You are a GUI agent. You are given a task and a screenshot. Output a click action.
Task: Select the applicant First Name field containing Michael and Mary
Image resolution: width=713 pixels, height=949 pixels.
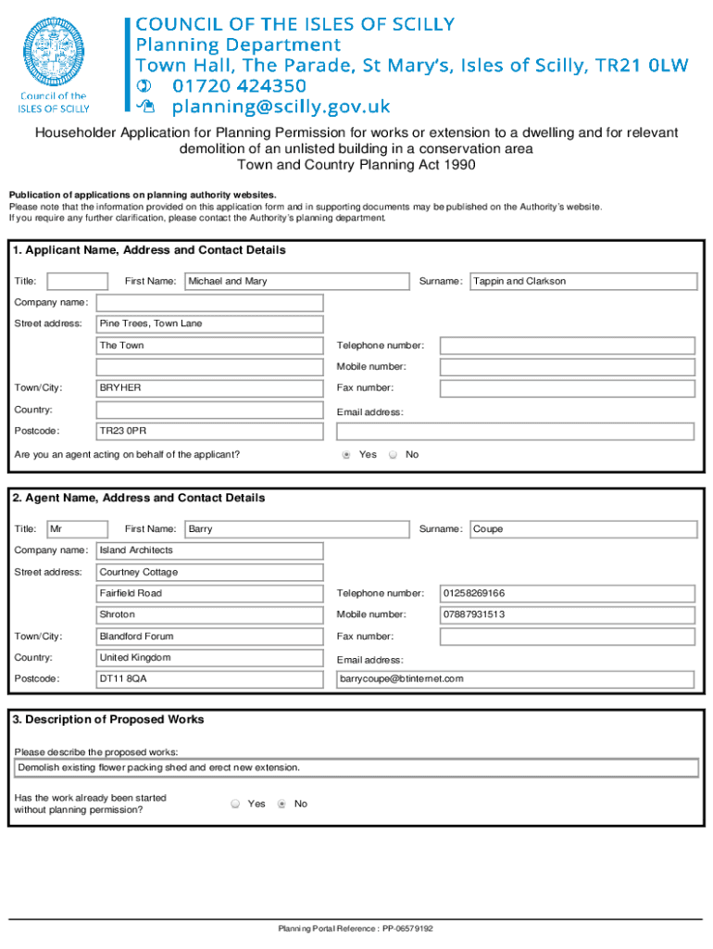point(296,281)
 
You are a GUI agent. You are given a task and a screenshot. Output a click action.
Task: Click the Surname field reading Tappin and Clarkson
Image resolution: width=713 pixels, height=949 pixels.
point(582,281)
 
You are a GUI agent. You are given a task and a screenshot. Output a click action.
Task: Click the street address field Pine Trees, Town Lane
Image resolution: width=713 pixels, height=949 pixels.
point(210,323)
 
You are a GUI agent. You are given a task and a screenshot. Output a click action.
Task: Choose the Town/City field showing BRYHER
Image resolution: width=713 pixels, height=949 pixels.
point(210,387)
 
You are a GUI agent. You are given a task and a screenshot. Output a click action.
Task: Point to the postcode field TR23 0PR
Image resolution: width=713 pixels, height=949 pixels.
point(210,431)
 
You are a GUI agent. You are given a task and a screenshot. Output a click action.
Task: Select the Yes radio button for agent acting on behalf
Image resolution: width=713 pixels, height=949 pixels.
point(346,455)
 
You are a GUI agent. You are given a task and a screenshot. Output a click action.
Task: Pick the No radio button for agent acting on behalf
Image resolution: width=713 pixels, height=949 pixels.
point(393,455)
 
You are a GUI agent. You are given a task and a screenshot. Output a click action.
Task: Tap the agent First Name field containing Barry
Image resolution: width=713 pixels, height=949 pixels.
point(296,529)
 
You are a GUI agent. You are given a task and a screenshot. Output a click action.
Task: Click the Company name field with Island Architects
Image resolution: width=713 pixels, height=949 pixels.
point(210,550)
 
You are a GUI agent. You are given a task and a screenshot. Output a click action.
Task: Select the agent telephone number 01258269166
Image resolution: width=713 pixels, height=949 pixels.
point(567,593)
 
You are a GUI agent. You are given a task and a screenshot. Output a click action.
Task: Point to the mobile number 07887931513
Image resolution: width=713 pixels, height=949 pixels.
point(567,614)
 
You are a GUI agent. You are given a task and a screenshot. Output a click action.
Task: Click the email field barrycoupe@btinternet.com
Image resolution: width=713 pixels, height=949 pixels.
point(514,678)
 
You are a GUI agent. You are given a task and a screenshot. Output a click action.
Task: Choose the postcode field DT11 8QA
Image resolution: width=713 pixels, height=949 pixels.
point(210,678)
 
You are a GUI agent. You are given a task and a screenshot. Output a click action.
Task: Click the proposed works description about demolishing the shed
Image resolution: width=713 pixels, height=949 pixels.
point(356,768)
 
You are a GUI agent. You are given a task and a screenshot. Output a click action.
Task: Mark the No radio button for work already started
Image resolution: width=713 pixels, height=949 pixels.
point(281,803)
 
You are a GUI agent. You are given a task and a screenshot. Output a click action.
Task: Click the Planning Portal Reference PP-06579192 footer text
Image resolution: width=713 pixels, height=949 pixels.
point(356,929)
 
